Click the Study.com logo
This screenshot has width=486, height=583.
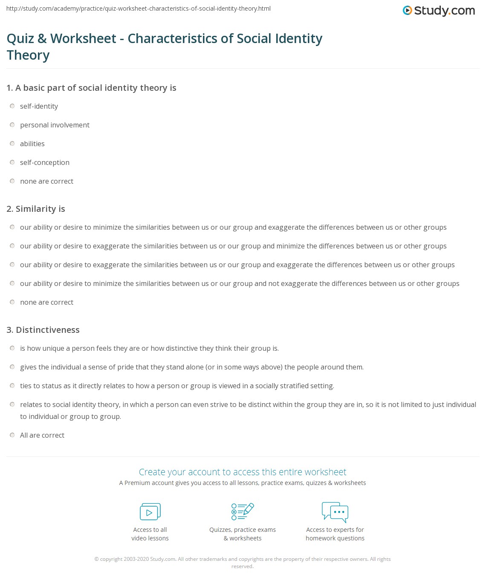pyautogui.click(x=439, y=10)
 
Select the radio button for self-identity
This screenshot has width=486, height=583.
pyautogui.click(x=12, y=106)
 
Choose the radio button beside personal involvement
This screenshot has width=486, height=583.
pyautogui.click(x=12, y=125)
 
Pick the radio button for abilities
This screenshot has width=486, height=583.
pyautogui.click(x=12, y=144)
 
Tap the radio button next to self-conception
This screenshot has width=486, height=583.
pyautogui.click(x=12, y=162)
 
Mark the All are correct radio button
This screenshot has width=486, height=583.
pyautogui.click(x=12, y=435)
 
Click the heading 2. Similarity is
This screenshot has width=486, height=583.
pyautogui.click(x=36, y=209)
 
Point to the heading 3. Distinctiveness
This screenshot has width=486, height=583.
pyautogui.click(x=43, y=330)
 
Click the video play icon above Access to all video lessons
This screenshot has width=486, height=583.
pyautogui.click(x=150, y=512)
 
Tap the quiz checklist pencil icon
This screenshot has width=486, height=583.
pyautogui.click(x=243, y=512)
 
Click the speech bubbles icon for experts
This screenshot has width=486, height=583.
pyautogui.click(x=335, y=512)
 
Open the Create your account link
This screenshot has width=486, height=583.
pyautogui.click(x=243, y=472)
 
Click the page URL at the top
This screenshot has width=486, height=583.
pyautogui.click(x=139, y=9)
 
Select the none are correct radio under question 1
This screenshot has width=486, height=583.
pyautogui.click(x=12, y=181)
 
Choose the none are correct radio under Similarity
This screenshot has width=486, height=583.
pyautogui.click(x=12, y=302)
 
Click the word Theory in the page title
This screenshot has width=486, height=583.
pyautogui.click(x=28, y=55)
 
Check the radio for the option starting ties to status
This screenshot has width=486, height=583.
pyautogui.click(x=12, y=386)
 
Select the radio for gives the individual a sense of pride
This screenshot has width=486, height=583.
pyautogui.click(x=12, y=367)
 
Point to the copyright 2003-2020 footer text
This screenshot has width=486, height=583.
pyautogui.click(x=243, y=559)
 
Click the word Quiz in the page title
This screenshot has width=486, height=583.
pyautogui.click(x=20, y=39)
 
